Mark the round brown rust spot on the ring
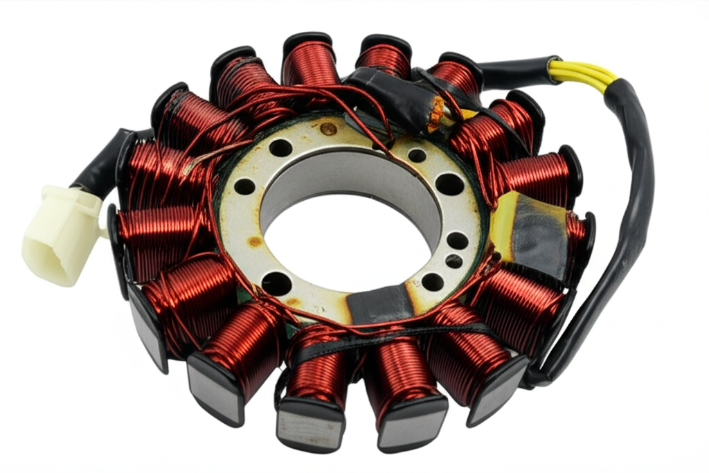(x=329, y=129)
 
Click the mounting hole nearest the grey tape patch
(x=432, y=281)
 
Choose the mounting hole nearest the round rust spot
(x=280, y=148)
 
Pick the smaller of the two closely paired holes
(x=454, y=261)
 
